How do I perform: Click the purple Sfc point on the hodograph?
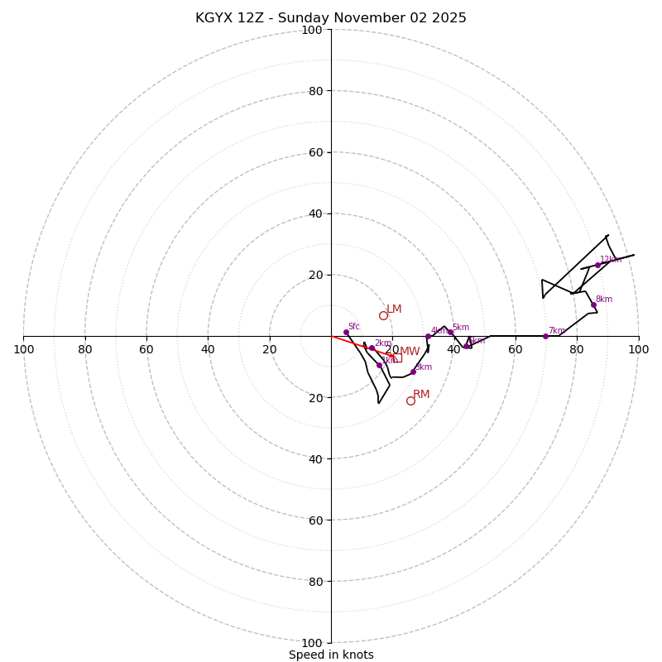[346, 332]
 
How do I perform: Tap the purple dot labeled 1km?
[380, 365]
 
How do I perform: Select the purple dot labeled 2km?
[372, 348]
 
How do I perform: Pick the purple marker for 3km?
[413, 372]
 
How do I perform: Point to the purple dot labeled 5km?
[450, 332]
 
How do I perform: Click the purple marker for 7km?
[545, 336]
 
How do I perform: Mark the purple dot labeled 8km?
[593, 305]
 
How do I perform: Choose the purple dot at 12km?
[597, 265]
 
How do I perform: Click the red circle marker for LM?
[383, 315]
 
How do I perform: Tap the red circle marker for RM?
[410, 401]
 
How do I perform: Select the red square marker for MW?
[396, 357]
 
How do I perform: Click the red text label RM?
[421, 394]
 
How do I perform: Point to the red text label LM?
[394, 309]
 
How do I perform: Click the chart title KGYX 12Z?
[331, 18]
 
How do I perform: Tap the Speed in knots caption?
[331, 655]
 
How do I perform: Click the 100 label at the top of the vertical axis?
[312, 31]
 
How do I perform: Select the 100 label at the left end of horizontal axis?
[23, 349]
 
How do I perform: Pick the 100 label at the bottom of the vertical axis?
[312, 642]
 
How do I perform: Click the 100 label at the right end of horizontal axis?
[638, 349]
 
